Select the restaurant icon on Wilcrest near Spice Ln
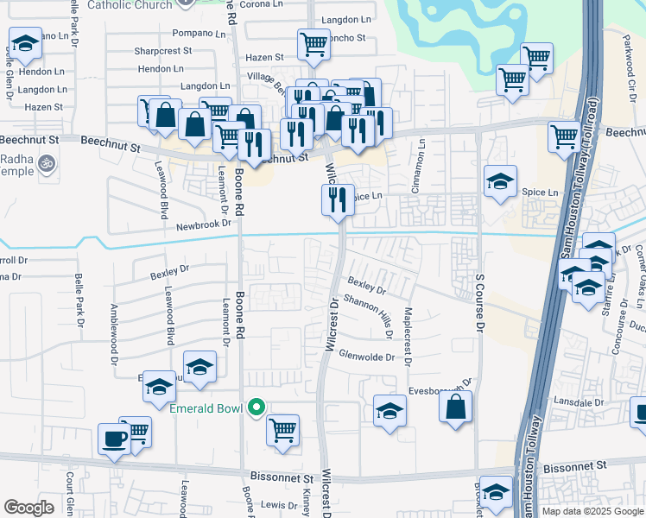[338, 199]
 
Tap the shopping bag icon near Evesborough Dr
[455, 406]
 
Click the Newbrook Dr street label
[204, 223]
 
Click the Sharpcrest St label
[162, 51]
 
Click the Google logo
[28, 508]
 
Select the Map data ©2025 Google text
[592, 511]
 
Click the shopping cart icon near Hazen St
[313, 44]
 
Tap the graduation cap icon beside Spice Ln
[500, 182]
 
